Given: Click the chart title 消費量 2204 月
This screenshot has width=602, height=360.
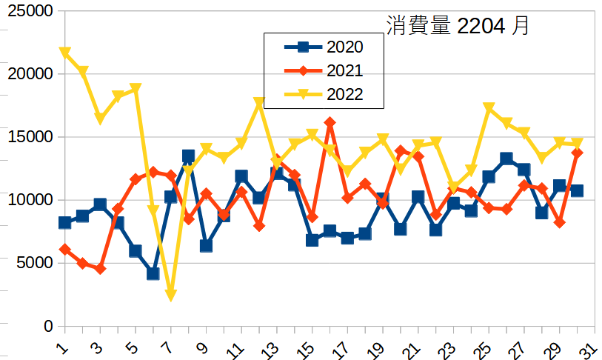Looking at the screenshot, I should pyautogui.click(x=458, y=26).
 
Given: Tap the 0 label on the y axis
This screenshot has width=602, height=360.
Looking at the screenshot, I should pyautogui.click(x=48, y=326).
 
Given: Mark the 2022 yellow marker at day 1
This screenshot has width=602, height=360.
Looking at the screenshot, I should pyautogui.click(x=65, y=53).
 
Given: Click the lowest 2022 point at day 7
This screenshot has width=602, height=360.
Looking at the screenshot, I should pyautogui.click(x=171, y=296).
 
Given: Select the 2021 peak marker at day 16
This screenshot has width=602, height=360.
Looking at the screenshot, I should pyautogui.click(x=330, y=123).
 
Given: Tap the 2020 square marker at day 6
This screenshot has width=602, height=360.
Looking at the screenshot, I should pyautogui.click(x=153, y=273).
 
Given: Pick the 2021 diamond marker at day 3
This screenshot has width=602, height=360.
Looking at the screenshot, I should pyautogui.click(x=100, y=269).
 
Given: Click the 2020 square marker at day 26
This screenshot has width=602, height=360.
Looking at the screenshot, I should pyautogui.click(x=506, y=159).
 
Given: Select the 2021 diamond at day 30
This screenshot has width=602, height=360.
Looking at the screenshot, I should pyautogui.click(x=577, y=153).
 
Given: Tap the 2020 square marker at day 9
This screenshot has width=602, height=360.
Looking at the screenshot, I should pyautogui.click(x=207, y=246).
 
